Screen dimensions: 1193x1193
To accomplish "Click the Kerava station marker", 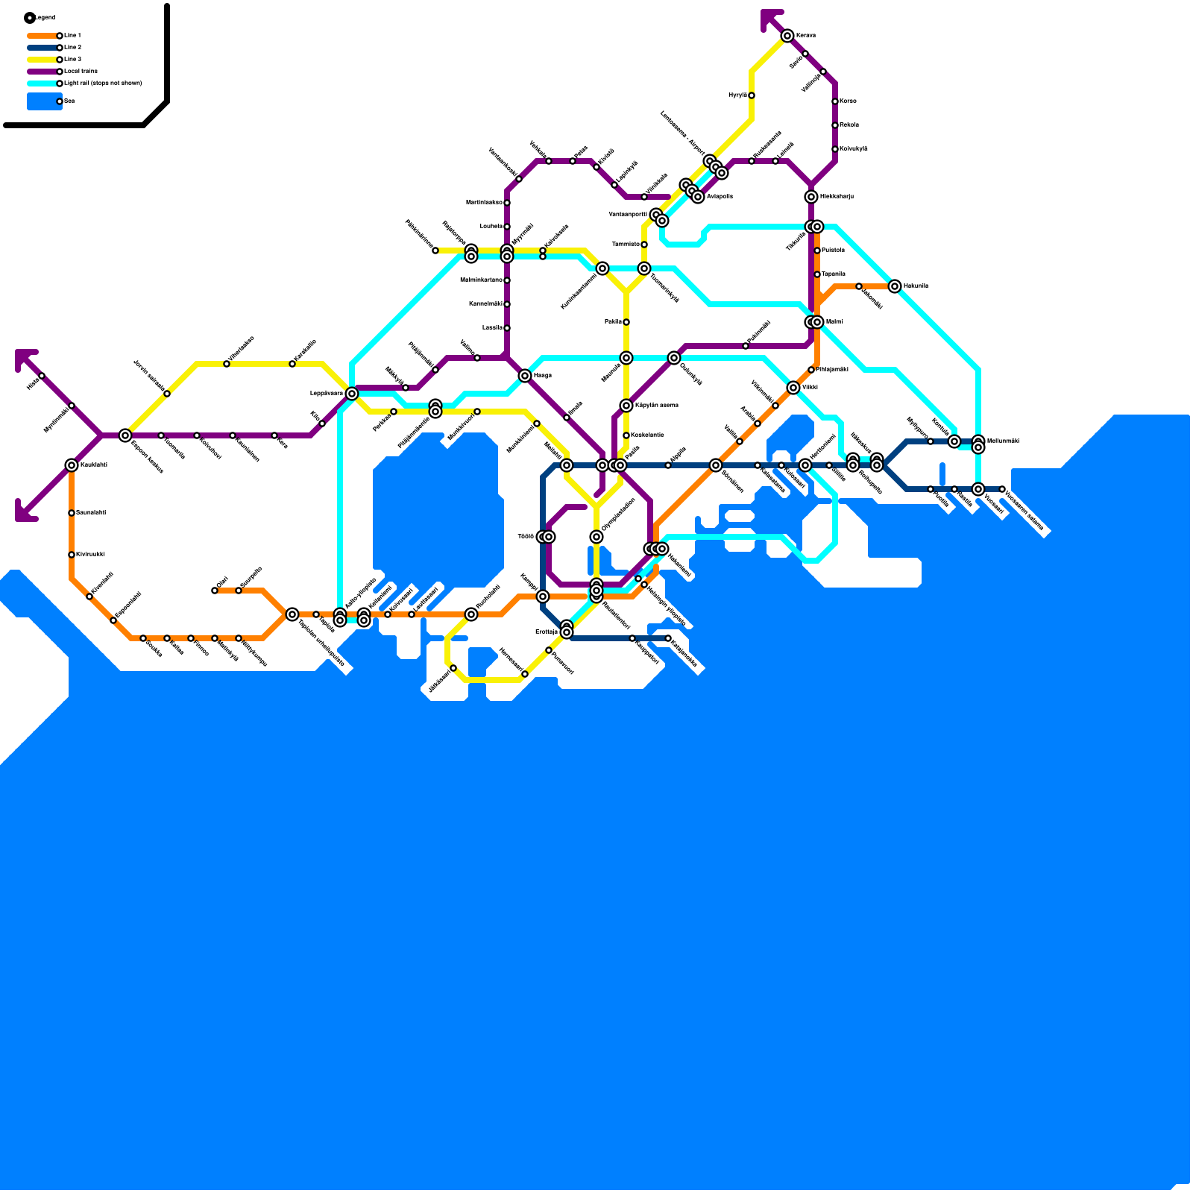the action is click(787, 36).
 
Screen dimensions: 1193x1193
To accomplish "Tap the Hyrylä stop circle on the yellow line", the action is click(752, 95).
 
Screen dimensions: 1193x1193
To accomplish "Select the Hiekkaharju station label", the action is click(837, 197).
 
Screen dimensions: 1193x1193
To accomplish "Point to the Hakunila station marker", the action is click(895, 286).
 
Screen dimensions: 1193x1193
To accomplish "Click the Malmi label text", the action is click(834, 322).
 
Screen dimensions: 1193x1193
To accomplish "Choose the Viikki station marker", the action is click(793, 388).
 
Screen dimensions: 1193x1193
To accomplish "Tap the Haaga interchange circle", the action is click(525, 376).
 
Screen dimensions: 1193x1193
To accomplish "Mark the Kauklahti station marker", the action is click(72, 465).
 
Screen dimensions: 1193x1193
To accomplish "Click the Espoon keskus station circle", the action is click(125, 435).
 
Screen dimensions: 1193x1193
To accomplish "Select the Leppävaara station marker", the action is click(352, 394).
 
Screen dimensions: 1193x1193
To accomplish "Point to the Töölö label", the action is click(526, 537).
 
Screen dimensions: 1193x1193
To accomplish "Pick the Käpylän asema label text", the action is click(657, 406).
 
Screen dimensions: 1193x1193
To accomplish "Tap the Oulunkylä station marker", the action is click(674, 358).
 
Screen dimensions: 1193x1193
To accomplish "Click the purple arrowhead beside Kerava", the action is click(769, 18).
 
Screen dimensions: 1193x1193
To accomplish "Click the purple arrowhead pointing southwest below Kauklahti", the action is click(24, 512).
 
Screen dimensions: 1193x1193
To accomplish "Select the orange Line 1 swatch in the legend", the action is click(43, 36).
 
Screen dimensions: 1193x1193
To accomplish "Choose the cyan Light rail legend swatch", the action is click(43, 84).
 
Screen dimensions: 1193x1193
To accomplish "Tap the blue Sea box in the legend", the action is click(43, 101).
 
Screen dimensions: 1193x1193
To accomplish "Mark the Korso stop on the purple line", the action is click(835, 101).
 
